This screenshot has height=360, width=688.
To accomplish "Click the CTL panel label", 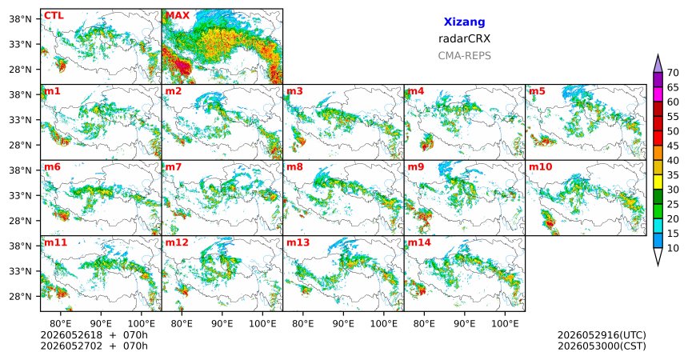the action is (x=54, y=15).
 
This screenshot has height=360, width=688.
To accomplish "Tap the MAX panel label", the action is (x=178, y=15).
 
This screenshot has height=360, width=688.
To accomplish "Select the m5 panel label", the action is (x=537, y=91).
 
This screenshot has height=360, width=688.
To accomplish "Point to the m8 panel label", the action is (x=295, y=167).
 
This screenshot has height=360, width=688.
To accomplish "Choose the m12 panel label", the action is (x=176, y=242).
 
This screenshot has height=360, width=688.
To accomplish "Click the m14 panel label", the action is (x=419, y=242).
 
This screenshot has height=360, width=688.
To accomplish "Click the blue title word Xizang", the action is (x=464, y=22).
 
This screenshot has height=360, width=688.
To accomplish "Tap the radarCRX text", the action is (x=464, y=38).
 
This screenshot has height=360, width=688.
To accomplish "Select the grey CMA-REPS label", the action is (x=464, y=56).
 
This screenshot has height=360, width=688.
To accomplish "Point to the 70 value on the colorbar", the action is (x=673, y=73).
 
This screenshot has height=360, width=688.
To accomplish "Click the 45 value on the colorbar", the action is (x=673, y=146).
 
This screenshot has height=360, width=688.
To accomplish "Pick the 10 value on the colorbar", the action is (x=673, y=248).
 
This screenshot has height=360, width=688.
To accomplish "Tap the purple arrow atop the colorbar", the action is (x=658, y=65).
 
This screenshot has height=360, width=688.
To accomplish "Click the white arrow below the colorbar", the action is (x=658, y=255).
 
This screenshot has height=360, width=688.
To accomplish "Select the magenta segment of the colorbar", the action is (x=658, y=94).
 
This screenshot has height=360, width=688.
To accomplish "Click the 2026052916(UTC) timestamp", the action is (x=602, y=335).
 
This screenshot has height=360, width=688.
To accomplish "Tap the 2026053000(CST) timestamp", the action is (x=602, y=346).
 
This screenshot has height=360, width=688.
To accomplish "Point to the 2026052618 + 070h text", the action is (x=94, y=335).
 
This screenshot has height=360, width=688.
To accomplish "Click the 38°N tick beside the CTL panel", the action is (x=21, y=19).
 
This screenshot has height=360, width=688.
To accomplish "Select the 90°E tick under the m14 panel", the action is (x=464, y=324).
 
